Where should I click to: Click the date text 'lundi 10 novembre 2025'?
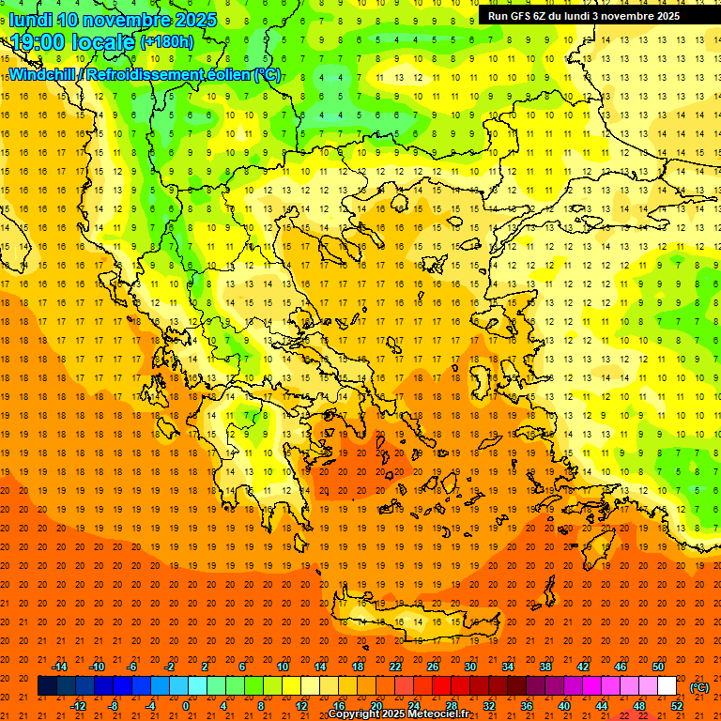tap(113, 20)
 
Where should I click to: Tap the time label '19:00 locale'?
tap(73, 41)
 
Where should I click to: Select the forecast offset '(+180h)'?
tap(167, 41)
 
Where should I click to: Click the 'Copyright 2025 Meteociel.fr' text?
tap(398, 714)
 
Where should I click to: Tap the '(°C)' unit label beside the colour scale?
tap(699, 687)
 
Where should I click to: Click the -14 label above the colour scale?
tap(61, 667)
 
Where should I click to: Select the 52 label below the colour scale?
tap(677, 706)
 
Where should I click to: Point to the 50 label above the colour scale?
tap(658, 667)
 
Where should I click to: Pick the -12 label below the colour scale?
tap(79, 706)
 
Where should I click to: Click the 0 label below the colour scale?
tap(186, 706)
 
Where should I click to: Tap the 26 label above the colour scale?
tap(433, 667)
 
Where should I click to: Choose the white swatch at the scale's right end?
tap(667, 686)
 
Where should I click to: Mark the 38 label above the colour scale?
tap(545, 667)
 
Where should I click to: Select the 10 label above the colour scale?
tap(283, 667)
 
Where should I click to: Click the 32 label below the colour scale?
tap(489, 706)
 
